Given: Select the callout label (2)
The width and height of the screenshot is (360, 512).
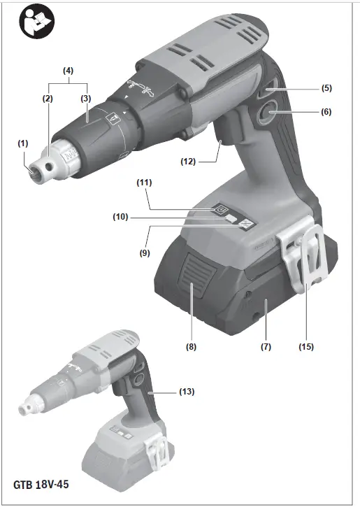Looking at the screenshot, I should [x=47, y=99].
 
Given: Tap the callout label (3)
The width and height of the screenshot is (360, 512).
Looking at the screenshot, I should [x=86, y=99].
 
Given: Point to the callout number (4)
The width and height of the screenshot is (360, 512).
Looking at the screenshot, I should [x=68, y=71].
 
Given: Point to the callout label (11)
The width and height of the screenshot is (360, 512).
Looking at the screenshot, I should [x=144, y=183].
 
